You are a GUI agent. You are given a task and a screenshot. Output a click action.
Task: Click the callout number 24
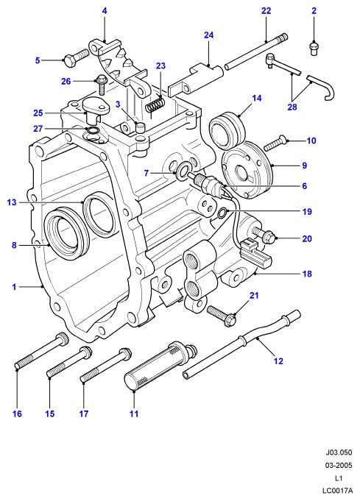click(x=208, y=35)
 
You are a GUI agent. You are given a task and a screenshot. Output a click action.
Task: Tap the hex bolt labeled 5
click(x=77, y=57)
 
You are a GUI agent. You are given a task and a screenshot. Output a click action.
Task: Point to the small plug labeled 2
click(x=314, y=49)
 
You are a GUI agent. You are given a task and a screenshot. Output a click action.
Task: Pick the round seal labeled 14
click(x=227, y=130)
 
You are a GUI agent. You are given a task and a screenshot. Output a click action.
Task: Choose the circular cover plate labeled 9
click(x=247, y=170)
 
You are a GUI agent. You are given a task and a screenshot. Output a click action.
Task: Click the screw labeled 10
click(x=275, y=143)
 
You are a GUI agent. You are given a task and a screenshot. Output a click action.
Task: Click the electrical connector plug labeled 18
click(x=255, y=252)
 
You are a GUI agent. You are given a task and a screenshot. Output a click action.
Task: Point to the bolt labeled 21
click(x=222, y=315)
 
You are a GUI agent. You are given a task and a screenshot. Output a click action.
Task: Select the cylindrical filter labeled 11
click(x=160, y=366)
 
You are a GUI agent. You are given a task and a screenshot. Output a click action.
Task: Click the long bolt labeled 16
click(x=41, y=351)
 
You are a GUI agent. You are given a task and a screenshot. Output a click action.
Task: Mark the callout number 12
click(x=278, y=360)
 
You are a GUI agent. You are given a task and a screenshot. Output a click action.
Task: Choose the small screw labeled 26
click(x=101, y=84)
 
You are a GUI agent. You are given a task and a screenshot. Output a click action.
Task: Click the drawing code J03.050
click(x=339, y=452)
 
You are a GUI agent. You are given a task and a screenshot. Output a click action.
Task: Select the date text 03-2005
click(x=339, y=465)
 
